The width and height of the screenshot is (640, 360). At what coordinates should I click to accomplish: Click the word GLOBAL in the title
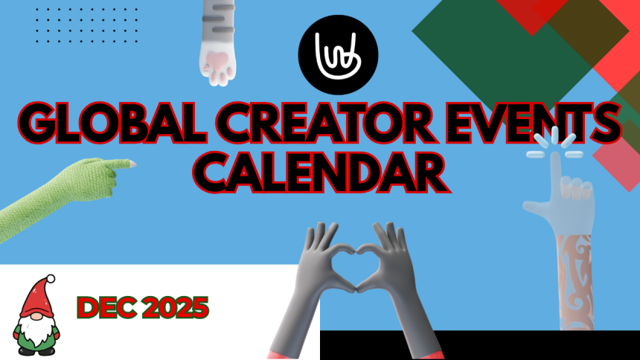click(x=111, y=123)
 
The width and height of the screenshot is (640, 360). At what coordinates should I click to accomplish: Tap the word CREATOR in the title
click(x=324, y=123)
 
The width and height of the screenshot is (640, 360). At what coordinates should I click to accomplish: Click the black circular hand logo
click(x=338, y=55)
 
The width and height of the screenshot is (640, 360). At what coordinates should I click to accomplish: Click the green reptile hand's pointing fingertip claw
click(x=132, y=164)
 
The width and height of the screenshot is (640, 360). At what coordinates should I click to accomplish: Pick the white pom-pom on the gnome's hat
click(x=50, y=279)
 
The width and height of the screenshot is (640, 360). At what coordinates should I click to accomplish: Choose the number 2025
click(x=175, y=308)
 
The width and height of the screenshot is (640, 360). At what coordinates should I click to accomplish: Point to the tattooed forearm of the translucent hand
click(x=575, y=282)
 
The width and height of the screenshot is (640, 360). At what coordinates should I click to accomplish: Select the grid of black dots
click(x=86, y=25)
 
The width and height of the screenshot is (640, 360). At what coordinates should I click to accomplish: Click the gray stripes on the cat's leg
click(x=218, y=19)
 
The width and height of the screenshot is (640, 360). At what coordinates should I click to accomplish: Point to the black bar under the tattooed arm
click(x=479, y=345)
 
